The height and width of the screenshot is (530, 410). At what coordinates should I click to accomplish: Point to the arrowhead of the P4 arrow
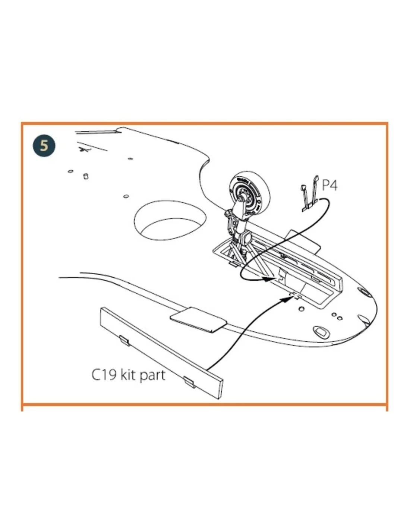270,278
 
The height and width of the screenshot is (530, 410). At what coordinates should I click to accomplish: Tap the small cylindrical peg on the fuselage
86,176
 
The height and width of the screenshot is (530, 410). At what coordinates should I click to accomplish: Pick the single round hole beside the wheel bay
302,309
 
